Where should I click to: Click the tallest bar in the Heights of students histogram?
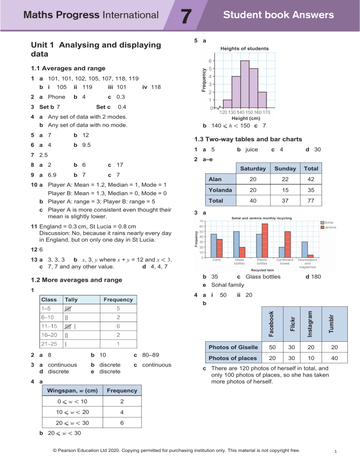245,84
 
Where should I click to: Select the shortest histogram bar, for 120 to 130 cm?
227,104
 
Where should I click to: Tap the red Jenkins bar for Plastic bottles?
264,241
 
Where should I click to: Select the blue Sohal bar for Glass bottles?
236,244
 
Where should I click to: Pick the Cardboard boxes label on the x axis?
285,262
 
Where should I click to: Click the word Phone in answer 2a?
55,97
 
